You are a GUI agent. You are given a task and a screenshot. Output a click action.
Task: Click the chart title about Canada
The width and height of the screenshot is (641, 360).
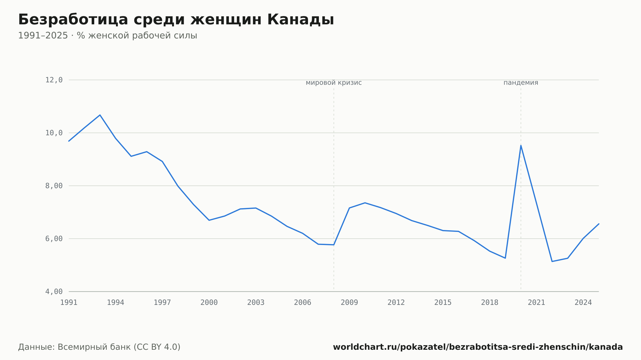click(176, 20)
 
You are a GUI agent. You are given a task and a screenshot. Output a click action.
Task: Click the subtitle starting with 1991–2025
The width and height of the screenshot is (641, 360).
click(107, 36)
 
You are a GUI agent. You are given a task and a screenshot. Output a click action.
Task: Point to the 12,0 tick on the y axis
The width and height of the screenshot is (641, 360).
click(54, 80)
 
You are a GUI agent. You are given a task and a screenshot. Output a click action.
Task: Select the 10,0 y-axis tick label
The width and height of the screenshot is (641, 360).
click(54, 133)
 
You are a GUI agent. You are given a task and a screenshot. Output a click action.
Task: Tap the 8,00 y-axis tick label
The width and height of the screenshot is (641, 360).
click(54, 186)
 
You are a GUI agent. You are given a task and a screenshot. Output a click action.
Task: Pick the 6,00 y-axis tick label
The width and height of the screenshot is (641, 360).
click(54, 239)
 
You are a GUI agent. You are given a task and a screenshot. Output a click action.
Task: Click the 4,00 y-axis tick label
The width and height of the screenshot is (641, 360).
click(54, 291)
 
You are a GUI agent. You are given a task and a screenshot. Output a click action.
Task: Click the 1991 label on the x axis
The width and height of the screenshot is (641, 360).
click(69, 303)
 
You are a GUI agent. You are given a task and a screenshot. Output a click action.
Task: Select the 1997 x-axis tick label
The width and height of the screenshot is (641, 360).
click(162, 303)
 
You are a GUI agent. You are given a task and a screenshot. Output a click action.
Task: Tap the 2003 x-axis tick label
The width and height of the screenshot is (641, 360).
click(256, 303)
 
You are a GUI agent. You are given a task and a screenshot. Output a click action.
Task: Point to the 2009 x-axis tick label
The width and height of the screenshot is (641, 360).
click(349, 303)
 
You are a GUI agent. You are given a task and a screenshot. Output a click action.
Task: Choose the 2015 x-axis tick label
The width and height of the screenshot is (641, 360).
click(443, 303)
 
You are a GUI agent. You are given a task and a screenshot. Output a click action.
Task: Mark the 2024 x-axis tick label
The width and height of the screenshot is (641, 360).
click(583, 303)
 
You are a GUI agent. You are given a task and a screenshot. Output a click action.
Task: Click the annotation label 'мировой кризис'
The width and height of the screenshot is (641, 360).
click(334, 83)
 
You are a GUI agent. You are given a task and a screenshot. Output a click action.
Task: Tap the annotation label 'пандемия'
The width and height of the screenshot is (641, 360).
click(521, 83)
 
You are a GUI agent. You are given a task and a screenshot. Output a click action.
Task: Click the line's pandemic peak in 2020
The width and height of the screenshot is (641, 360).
click(521, 145)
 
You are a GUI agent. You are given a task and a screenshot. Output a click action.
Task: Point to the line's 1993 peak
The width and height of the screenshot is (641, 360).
click(100, 115)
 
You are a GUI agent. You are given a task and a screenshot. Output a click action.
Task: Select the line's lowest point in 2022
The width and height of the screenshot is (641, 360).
click(552, 261)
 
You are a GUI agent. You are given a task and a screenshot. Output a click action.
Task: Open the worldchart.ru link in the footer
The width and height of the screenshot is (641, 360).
click(478, 347)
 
